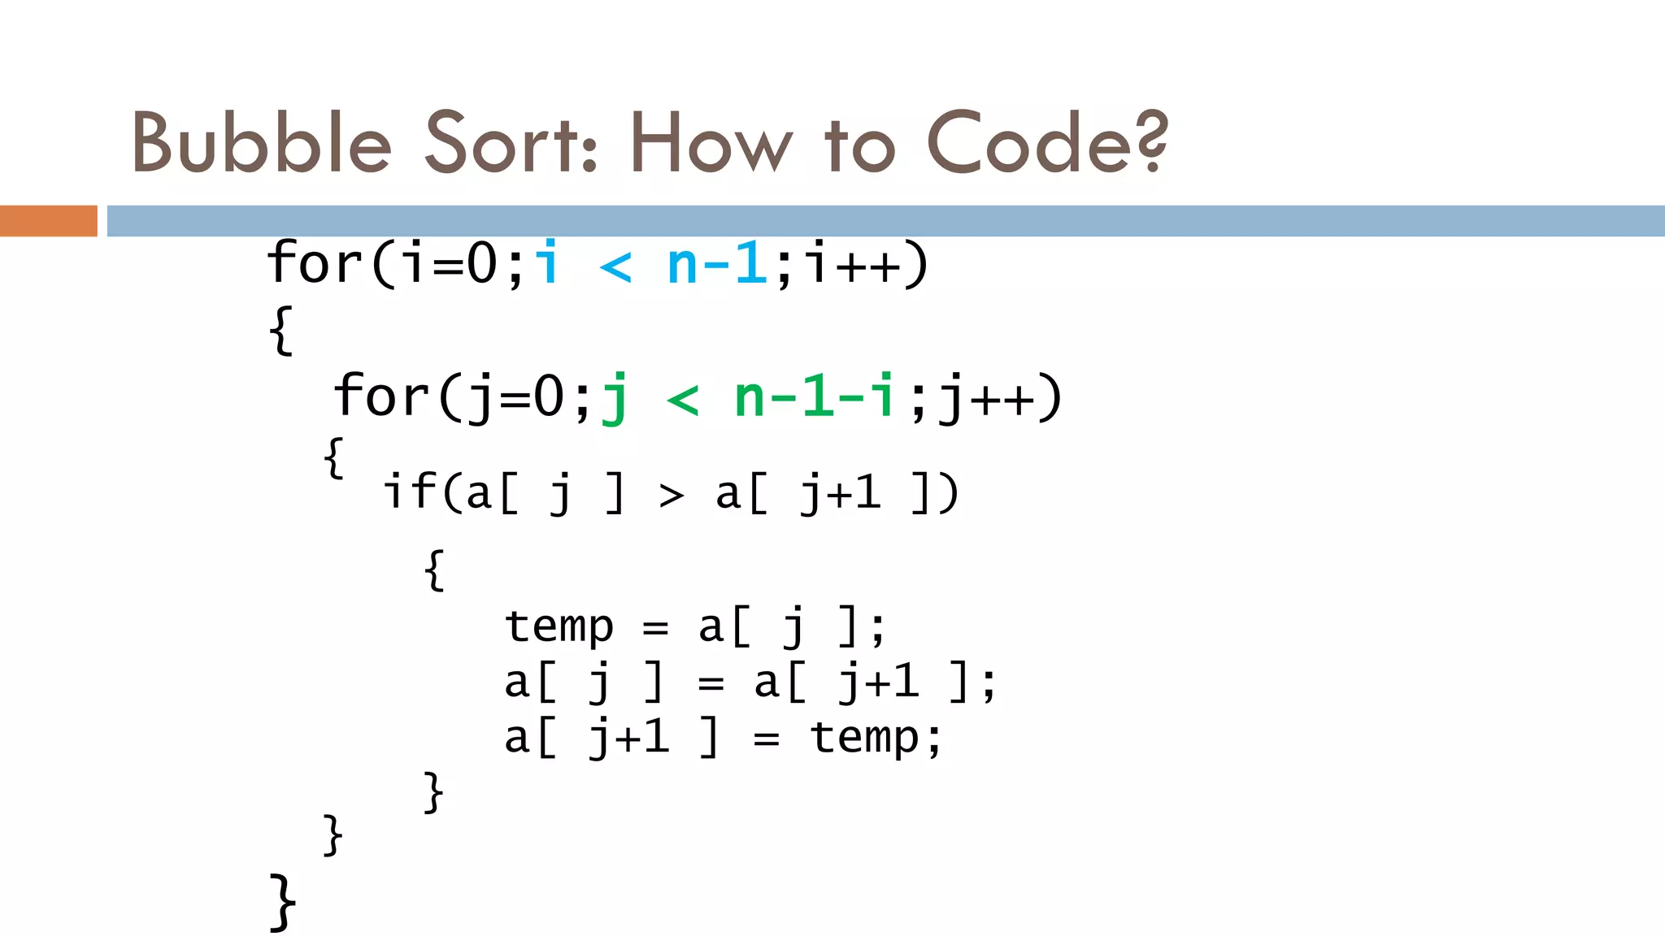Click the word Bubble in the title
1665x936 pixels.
(x=262, y=143)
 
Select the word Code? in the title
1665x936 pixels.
(x=1047, y=143)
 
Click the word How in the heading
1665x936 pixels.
(x=711, y=143)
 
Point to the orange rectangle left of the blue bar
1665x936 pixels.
(x=48, y=220)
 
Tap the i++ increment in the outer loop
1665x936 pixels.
(x=854, y=264)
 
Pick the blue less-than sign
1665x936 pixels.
(x=615, y=266)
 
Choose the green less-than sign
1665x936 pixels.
(x=683, y=399)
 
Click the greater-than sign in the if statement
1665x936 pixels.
(x=672, y=494)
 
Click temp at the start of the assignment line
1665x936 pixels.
(x=559, y=627)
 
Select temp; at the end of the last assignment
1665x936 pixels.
(x=876, y=738)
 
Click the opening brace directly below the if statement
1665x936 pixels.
(x=435, y=570)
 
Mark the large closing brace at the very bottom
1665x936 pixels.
(x=282, y=902)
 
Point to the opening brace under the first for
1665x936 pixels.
(x=280, y=330)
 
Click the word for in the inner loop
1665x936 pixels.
(x=380, y=396)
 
